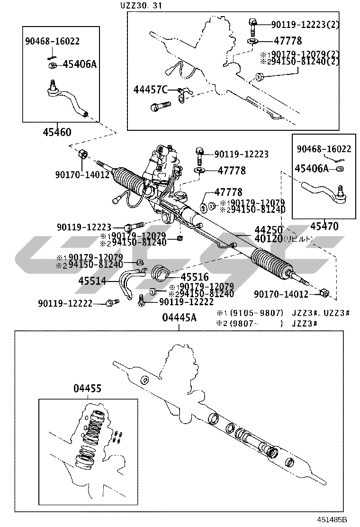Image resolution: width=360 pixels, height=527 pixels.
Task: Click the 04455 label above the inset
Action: point(87,389)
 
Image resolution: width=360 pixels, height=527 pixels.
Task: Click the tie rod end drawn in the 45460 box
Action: point(69,98)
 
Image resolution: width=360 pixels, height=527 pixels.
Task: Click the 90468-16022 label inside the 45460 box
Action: point(52,41)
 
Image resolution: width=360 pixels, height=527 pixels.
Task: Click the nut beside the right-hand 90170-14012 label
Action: point(324,292)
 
